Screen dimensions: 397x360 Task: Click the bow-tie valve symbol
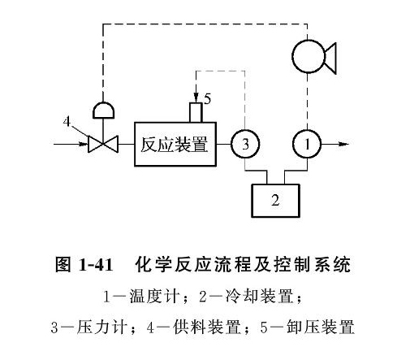pos(103,144)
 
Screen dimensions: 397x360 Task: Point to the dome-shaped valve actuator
pos(103,111)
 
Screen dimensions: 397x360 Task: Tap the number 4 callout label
pos(67,121)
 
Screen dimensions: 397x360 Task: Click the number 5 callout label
pos(208,99)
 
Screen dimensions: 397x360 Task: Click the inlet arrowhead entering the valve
pos(83,144)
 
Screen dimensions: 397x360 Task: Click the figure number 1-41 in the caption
pos(96,265)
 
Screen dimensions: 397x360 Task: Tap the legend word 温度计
pos(154,297)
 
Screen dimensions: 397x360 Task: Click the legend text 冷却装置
pos(259,297)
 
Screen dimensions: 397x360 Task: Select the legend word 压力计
pos(101,327)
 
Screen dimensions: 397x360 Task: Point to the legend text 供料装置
pos(207,327)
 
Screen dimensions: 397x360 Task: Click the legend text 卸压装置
pos(321,327)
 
